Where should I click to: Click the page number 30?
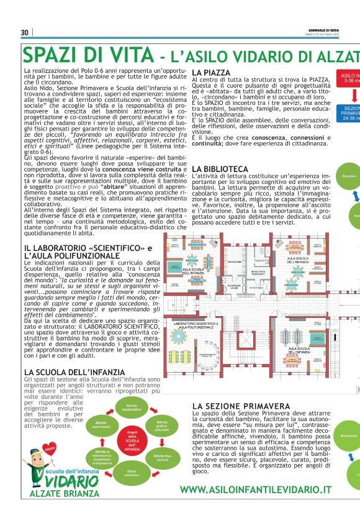point(25,33)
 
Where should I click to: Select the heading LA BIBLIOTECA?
point(220,168)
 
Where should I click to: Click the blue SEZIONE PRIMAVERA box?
point(349,114)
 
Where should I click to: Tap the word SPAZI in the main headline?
point(52,54)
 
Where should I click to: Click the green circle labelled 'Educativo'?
point(349,176)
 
